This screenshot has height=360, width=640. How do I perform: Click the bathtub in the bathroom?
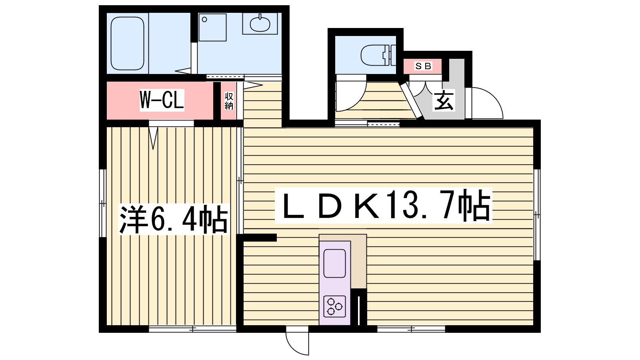[127, 44]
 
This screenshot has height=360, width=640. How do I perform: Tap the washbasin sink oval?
[260, 24]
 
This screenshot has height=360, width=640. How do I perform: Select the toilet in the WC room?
[378, 55]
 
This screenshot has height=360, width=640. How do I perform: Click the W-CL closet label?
[162, 100]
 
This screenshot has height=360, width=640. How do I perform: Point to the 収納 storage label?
[229, 101]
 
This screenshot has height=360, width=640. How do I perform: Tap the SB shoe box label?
[423, 66]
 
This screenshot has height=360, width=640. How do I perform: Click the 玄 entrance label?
[444, 101]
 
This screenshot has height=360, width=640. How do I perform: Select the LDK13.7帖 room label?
[384, 205]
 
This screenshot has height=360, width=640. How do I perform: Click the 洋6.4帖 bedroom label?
[174, 220]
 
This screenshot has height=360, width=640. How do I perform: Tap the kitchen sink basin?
[334, 263]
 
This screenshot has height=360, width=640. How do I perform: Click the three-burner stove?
[334, 306]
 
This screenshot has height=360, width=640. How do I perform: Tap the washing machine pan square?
[212, 27]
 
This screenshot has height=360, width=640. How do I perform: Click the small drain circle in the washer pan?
[204, 20]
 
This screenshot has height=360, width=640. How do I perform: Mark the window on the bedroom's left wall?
[103, 204]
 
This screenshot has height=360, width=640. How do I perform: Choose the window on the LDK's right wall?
[537, 214]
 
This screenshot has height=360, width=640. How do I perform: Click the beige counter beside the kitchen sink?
[358, 262]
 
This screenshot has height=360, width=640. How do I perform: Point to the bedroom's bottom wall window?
[192, 329]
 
